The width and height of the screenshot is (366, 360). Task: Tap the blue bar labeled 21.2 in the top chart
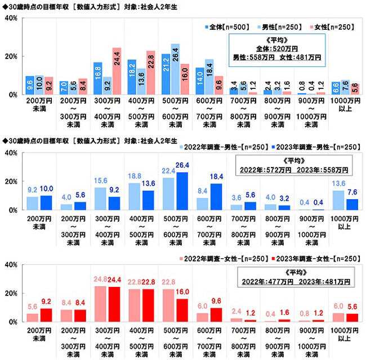[166, 74]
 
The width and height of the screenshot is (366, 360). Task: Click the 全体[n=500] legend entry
[222, 26]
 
